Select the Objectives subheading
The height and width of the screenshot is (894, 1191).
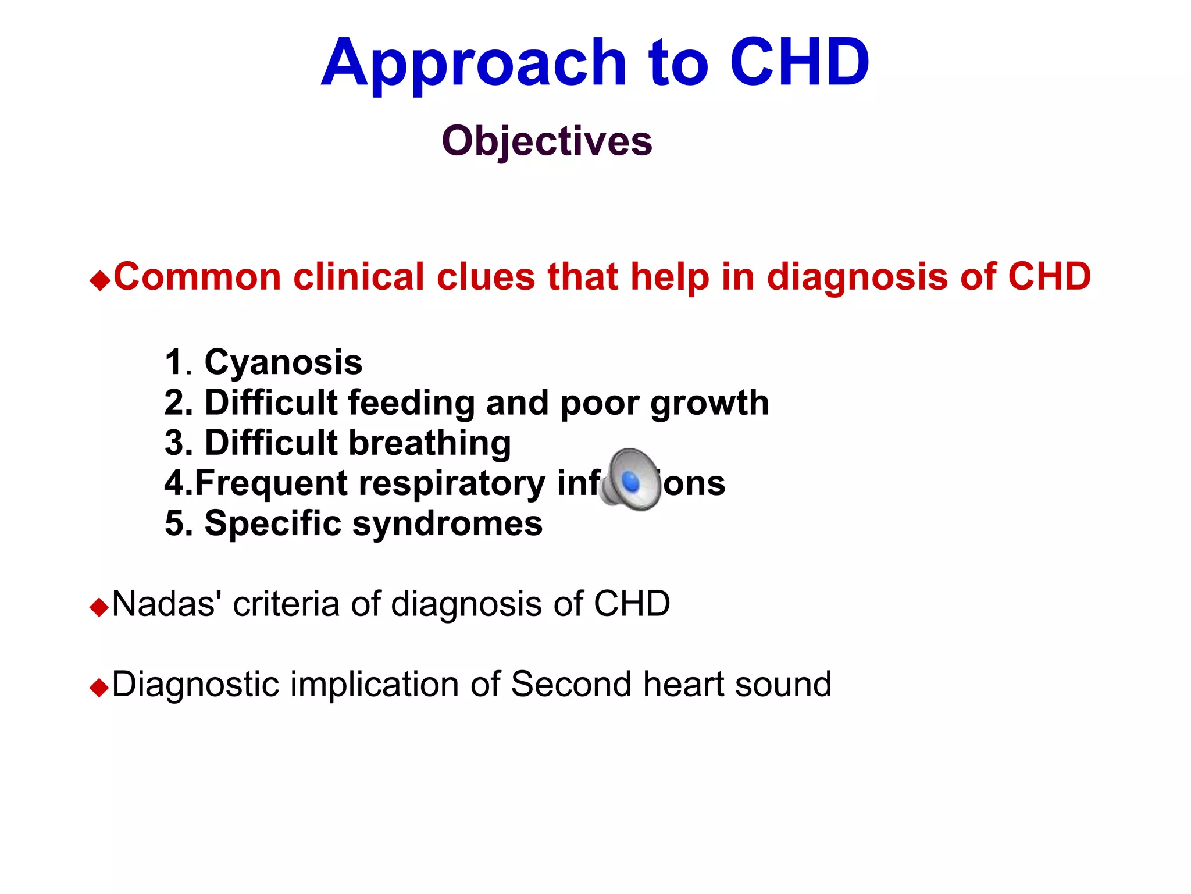(547, 141)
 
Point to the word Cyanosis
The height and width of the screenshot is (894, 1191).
(283, 363)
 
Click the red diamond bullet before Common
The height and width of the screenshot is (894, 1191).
(100, 281)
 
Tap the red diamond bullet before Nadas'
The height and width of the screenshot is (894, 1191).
(99, 608)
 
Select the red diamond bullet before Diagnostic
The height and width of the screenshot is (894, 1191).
(99, 688)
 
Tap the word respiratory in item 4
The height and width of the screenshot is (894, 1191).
(452, 484)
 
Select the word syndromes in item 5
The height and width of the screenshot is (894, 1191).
(447, 523)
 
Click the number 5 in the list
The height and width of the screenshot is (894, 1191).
(175, 523)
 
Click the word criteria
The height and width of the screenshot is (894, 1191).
(286, 604)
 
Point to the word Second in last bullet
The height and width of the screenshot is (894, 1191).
(571, 684)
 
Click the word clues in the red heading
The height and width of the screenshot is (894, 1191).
(486, 276)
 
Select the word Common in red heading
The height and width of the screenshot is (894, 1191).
(198, 276)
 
